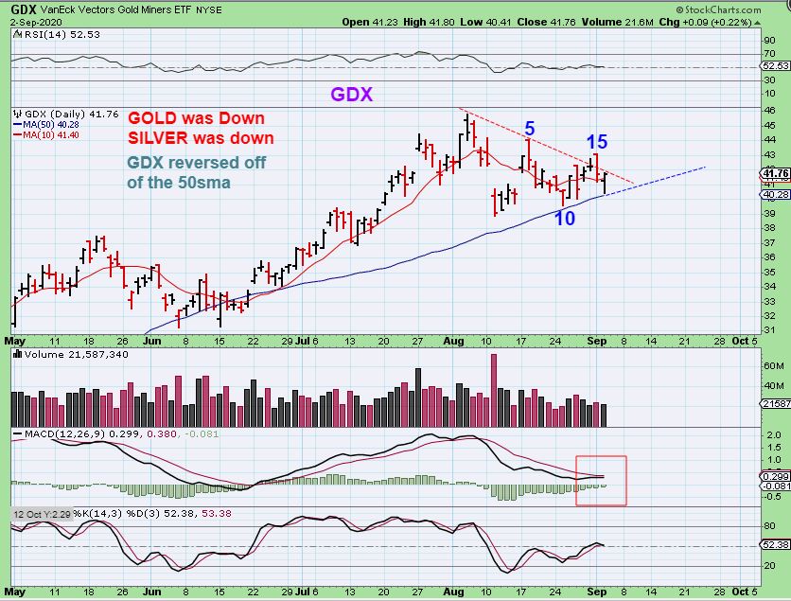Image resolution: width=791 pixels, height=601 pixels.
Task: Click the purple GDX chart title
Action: [351, 95]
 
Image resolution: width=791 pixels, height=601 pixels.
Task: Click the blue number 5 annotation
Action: [531, 126]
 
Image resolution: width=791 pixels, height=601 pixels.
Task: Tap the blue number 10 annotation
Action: [565, 218]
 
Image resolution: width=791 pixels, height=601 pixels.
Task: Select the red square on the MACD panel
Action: [601, 481]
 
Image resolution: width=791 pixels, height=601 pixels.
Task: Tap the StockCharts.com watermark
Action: [739, 9]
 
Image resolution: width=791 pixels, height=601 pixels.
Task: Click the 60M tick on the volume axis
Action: [771, 364]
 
